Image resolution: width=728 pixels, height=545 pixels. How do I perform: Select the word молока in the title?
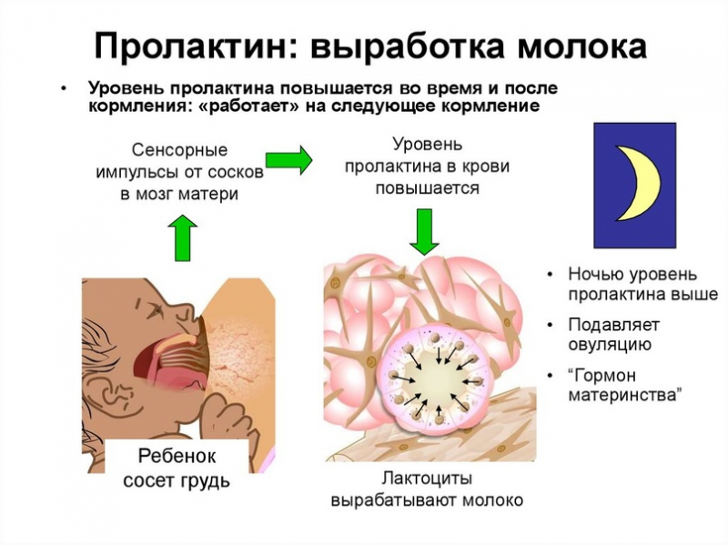pos(582,45)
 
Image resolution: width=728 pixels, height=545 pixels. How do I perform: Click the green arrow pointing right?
pos(288,160)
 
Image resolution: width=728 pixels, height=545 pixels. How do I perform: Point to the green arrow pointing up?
pos(183,237)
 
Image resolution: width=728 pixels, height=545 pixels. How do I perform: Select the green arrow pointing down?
pos(424,232)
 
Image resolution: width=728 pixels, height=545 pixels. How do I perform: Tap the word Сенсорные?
pos(179,150)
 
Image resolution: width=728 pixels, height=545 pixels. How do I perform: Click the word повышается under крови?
pos(427,188)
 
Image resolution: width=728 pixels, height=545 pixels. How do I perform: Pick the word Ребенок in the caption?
pos(177,456)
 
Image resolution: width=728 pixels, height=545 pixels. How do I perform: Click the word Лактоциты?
pos(427,478)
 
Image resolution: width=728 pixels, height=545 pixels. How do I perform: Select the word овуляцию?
pos(610,346)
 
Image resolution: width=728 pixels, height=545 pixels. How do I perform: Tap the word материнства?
pos(625,395)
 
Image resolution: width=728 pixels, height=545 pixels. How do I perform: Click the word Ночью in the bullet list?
pos(595,275)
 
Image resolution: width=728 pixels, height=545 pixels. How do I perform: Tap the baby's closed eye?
pos(153,308)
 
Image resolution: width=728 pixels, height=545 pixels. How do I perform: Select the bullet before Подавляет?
pos(551,325)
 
